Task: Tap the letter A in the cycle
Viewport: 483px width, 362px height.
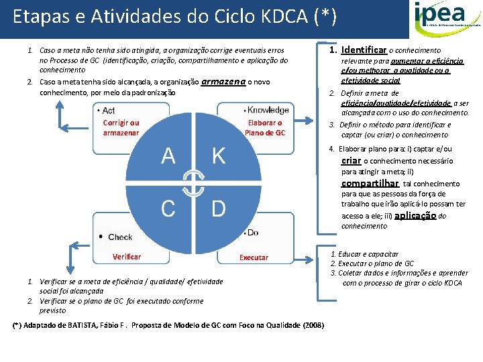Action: click(168, 156)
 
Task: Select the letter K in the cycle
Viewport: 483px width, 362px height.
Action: click(219, 156)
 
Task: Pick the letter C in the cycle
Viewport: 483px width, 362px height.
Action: click(168, 208)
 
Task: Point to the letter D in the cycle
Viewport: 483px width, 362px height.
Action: click(219, 208)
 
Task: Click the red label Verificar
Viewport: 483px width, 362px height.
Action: click(127, 257)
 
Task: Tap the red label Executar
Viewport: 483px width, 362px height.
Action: click(254, 257)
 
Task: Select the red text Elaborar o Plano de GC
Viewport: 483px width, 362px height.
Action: click(265, 127)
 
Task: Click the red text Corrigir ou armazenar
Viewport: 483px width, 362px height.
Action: click(121, 127)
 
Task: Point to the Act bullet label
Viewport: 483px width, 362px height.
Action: click(108, 111)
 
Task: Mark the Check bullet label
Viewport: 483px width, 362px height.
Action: click(119, 237)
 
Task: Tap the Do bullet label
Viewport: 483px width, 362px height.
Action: click(253, 233)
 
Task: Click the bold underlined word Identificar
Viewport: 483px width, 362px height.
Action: click(364, 50)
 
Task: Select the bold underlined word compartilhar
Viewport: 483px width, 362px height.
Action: click(370, 183)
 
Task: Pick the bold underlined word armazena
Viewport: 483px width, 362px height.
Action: click(223, 82)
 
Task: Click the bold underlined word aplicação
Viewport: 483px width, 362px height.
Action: click(415, 215)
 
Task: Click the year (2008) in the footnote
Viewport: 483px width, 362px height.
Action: click(313, 325)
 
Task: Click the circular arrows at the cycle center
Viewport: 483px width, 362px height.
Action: click(194, 182)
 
